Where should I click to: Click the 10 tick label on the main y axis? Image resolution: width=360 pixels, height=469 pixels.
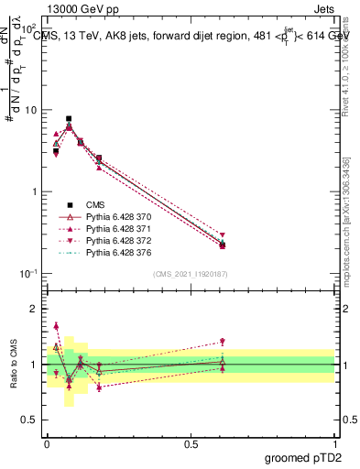point(29,110)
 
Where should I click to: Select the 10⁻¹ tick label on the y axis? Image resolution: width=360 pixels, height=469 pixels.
point(27,273)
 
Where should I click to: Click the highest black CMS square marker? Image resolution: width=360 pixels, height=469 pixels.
point(69,118)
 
